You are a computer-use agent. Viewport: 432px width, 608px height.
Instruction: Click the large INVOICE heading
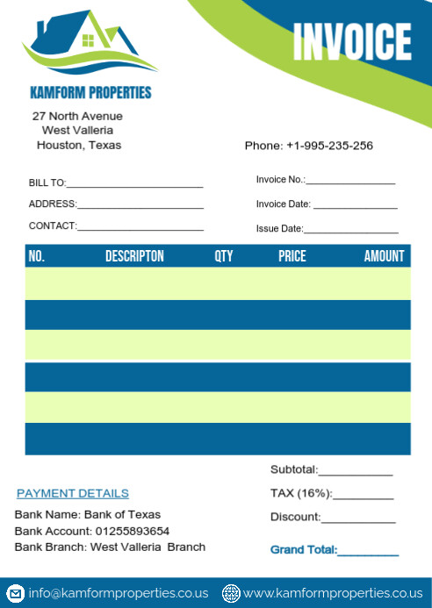[352, 42]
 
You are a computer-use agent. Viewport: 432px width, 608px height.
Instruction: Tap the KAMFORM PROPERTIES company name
[90, 92]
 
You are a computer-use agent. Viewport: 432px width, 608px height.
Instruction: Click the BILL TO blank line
[134, 185]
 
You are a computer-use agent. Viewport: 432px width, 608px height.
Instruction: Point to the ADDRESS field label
[53, 204]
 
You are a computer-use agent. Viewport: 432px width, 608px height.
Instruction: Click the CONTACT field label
[53, 225]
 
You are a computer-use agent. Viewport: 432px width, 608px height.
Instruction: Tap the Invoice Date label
[284, 204]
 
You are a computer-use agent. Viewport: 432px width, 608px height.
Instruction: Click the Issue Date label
[279, 229]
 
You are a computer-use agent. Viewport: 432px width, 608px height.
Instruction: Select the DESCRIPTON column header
[134, 256]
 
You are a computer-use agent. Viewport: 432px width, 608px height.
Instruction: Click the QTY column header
[224, 256]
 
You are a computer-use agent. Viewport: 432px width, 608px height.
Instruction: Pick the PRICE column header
[292, 256]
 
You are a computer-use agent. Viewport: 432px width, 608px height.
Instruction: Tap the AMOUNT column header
[385, 256]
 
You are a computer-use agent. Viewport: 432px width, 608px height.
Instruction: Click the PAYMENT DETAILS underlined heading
[73, 494]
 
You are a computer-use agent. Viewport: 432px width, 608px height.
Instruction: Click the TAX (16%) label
[300, 493]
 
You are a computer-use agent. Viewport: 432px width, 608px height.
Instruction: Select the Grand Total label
[303, 550]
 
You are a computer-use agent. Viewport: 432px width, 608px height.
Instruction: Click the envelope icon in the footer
[16, 592]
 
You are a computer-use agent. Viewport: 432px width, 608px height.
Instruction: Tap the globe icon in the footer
[232, 592]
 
